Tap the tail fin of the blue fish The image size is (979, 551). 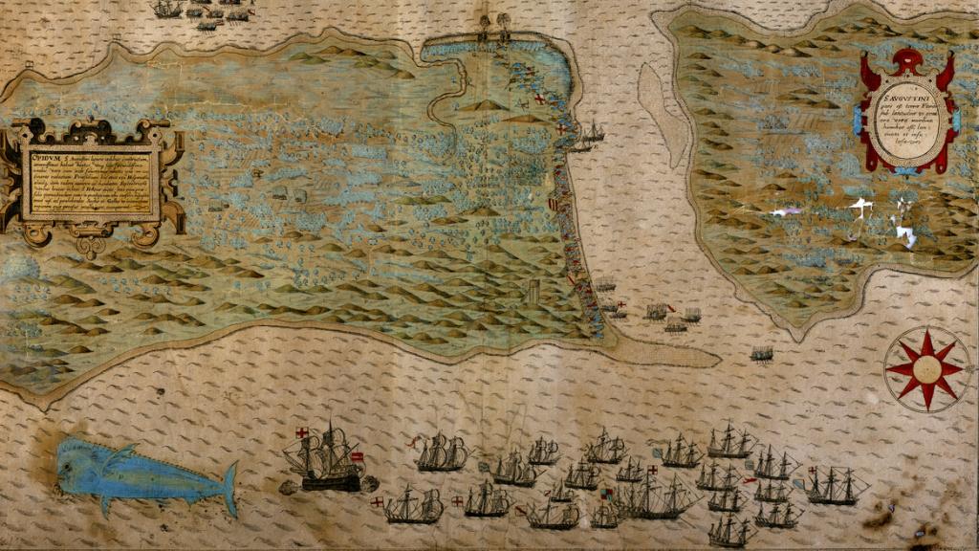coord(229,488)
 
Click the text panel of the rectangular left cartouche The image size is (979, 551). coord(91,182)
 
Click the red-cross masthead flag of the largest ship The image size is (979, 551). coord(303,432)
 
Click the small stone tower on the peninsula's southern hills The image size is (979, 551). coord(533,291)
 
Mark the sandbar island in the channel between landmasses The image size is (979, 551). coord(664,115)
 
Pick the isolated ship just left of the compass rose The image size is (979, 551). coord(761,354)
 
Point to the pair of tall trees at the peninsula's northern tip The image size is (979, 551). coord(494,24)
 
